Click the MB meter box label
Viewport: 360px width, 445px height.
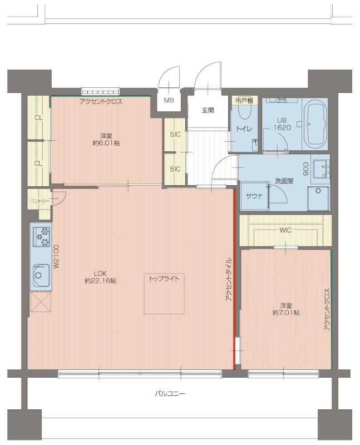(169, 100)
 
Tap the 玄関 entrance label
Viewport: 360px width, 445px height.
(208, 110)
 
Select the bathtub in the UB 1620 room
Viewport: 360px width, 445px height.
(314, 125)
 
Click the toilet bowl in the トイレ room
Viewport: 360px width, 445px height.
(245, 112)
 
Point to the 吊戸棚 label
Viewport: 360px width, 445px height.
(244, 100)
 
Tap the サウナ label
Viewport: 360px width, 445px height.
(254, 196)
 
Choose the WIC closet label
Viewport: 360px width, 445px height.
(285, 230)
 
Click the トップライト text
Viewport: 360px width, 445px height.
(164, 279)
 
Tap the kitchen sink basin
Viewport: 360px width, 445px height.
(41, 275)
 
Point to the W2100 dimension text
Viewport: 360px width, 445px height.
(56, 256)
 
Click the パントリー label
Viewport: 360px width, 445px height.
(39, 201)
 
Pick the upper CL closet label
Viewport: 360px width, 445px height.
(38, 117)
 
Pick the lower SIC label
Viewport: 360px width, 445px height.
(175, 169)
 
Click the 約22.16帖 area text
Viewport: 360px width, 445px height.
(100, 281)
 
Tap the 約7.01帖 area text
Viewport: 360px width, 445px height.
(285, 313)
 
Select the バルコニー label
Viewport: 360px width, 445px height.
(170, 394)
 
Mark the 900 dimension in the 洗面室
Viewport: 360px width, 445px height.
(306, 169)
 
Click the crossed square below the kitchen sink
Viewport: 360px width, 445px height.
(41, 302)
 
